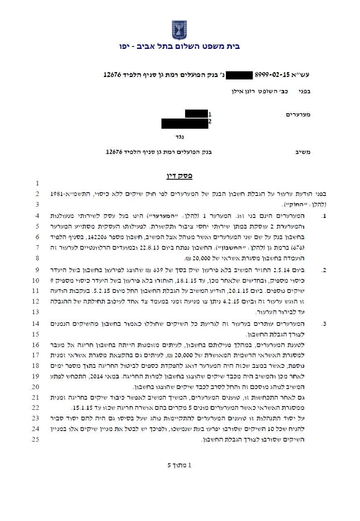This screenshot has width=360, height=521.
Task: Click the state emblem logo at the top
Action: click(179, 29)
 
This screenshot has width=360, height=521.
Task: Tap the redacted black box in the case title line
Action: click(239, 75)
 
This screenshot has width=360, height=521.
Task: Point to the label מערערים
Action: click(298, 114)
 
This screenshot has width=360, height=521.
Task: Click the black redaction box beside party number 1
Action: click(197, 114)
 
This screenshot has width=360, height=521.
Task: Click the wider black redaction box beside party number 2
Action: click(185, 123)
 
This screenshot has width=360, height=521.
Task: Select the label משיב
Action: click(303, 152)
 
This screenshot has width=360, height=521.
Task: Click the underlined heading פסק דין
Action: click(179, 176)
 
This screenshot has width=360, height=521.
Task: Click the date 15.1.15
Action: click(80, 407)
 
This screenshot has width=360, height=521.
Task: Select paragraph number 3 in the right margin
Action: click(324, 324)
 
